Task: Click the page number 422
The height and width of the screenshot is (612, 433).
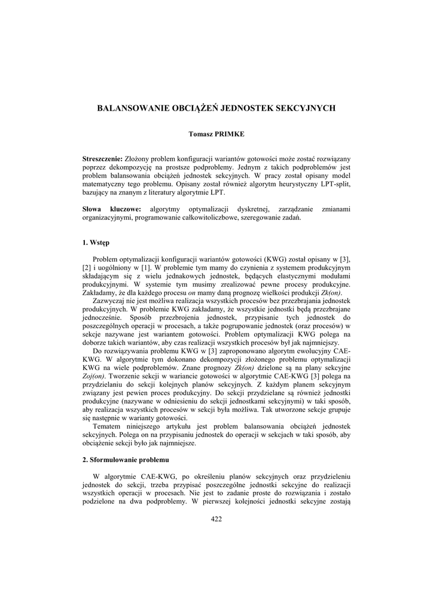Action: coord(216,519)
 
